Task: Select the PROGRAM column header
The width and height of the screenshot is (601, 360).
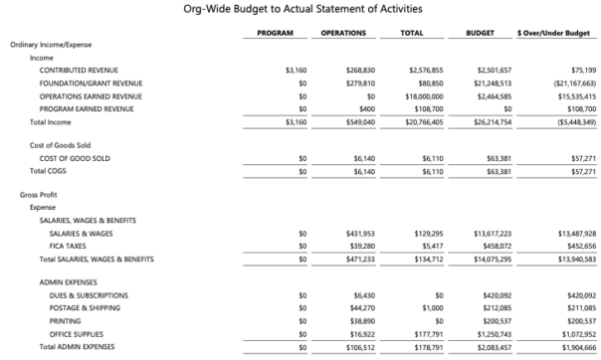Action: [x=274, y=33]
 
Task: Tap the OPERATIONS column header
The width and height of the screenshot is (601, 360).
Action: [x=343, y=33]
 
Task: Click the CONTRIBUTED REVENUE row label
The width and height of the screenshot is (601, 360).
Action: [x=78, y=71]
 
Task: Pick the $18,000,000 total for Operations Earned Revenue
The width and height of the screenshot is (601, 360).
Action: [x=422, y=96]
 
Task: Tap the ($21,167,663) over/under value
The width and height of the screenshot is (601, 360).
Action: [x=567, y=84]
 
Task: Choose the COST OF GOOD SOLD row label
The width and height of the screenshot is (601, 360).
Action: [x=74, y=158]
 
